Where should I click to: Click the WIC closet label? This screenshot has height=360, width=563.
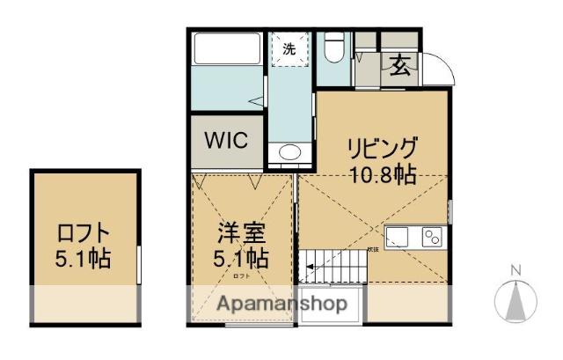(x=226, y=140)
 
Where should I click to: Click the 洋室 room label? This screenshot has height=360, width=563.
(x=242, y=235)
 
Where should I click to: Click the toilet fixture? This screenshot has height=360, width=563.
(x=334, y=51)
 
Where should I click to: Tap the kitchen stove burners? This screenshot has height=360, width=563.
(x=431, y=236)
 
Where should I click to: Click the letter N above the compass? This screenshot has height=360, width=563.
(x=517, y=269)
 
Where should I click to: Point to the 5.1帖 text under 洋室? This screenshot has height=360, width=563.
(x=242, y=260)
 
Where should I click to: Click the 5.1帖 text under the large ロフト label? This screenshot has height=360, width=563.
(x=84, y=261)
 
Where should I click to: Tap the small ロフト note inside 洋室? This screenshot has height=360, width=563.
(x=241, y=276)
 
